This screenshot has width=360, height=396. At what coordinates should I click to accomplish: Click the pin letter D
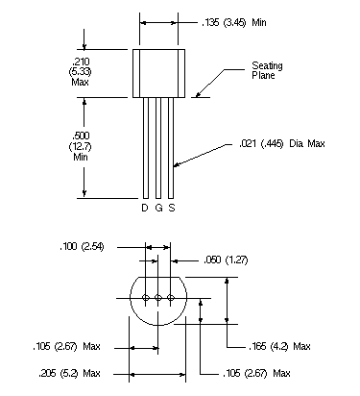(x=145, y=208)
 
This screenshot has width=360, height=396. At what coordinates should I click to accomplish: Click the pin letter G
(x=158, y=208)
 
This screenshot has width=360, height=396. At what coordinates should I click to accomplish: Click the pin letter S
(x=172, y=208)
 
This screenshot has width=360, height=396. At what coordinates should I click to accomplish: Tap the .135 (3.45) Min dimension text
(x=234, y=22)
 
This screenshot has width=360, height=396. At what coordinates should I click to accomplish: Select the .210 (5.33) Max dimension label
(x=80, y=71)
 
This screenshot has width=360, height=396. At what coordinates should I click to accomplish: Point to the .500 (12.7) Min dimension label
(x=80, y=146)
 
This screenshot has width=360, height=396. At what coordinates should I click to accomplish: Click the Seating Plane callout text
(x=267, y=70)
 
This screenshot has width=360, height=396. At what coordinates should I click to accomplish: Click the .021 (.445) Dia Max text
(x=282, y=143)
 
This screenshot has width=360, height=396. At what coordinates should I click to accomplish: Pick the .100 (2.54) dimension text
(x=82, y=247)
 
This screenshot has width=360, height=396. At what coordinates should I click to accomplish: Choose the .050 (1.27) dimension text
(x=226, y=260)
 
